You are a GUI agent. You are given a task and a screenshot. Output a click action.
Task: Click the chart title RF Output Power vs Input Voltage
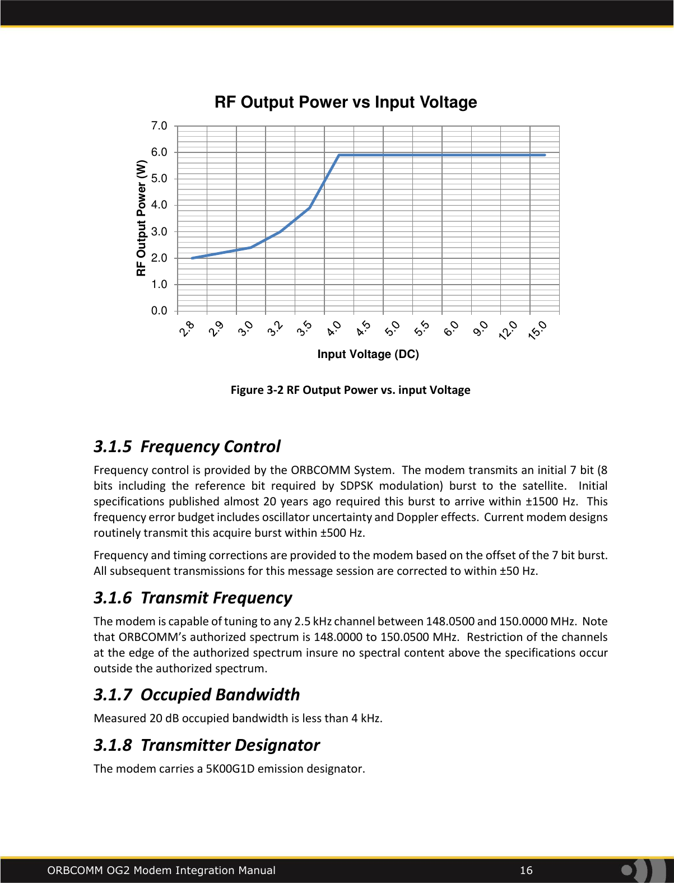pyautogui.click(x=346, y=103)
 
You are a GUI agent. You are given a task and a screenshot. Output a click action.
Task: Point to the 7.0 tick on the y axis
pyautogui.click(x=159, y=126)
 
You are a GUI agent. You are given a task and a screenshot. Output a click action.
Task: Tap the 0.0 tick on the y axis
pyautogui.click(x=159, y=310)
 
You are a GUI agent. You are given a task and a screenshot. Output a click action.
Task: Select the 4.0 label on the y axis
pyautogui.click(x=159, y=205)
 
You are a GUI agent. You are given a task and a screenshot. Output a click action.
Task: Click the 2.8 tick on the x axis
pyautogui.click(x=187, y=328)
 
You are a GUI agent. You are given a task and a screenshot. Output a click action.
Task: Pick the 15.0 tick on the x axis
pyautogui.click(x=537, y=330)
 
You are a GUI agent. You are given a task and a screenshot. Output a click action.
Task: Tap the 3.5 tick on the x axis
pyautogui.click(x=304, y=328)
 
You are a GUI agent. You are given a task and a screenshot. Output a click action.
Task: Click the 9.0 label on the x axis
pyautogui.click(x=480, y=328)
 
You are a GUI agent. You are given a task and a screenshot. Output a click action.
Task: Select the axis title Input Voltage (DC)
pyautogui.click(x=368, y=354)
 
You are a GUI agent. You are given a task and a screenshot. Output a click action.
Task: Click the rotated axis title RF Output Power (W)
pyautogui.click(x=141, y=218)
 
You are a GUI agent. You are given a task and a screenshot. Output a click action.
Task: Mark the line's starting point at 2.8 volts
pyautogui.click(x=192, y=258)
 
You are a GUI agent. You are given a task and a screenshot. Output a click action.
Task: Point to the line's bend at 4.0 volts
pyautogui.click(x=339, y=155)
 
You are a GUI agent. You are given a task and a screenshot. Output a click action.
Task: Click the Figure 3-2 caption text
pyautogui.click(x=350, y=390)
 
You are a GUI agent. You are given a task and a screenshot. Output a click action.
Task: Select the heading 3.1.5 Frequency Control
pyautogui.click(x=187, y=447)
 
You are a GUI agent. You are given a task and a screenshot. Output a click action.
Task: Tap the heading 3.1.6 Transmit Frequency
pyautogui.click(x=193, y=598)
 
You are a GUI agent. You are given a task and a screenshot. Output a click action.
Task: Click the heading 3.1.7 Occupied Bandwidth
pyautogui.click(x=197, y=695)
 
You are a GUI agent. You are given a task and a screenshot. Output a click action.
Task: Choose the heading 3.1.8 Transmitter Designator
pyautogui.click(x=207, y=745)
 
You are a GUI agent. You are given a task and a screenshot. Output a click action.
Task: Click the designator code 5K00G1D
pyautogui.click(x=230, y=769)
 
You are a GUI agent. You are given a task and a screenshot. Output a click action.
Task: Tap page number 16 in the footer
pyautogui.click(x=526, y=870)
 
